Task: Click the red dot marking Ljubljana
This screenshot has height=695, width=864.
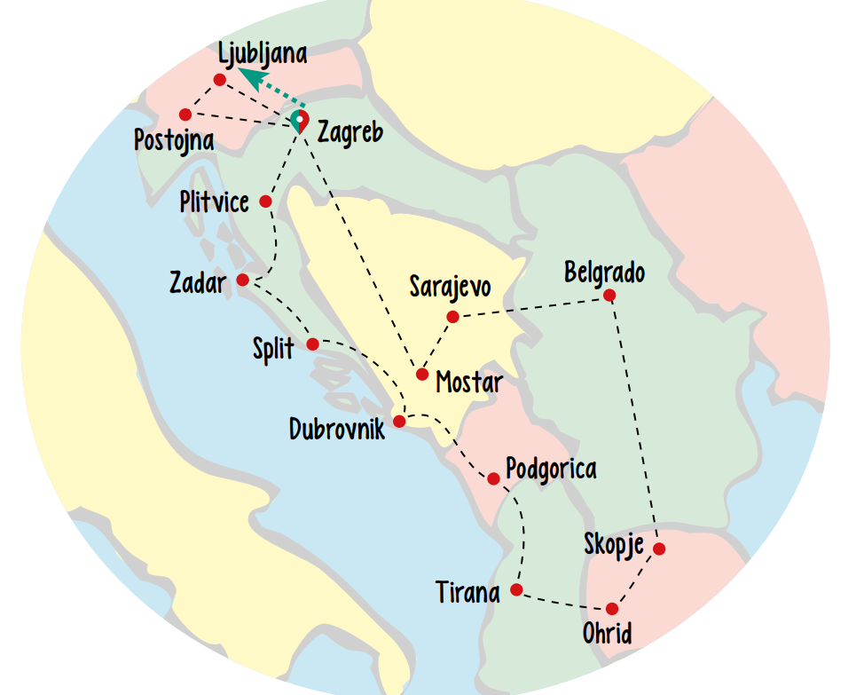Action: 219,80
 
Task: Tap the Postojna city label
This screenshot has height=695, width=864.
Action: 175,139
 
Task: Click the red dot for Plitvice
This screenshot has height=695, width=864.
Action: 265,201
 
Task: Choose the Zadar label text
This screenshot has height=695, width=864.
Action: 198,284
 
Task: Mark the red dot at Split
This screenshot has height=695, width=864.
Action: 312,344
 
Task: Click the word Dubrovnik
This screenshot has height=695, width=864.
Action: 337,430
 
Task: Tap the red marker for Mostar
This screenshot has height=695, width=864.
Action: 422,374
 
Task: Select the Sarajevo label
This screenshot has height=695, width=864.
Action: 450,287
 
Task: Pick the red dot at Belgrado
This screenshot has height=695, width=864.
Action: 609,296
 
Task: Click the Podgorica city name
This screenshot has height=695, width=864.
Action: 551,468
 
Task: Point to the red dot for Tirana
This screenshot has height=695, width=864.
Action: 517,590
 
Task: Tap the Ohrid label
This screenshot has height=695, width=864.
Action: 608,634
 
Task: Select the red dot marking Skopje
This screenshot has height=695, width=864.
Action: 658,549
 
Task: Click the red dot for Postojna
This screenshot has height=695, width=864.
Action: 185,115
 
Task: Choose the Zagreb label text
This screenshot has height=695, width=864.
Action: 350,133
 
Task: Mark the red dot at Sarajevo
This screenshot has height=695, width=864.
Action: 452,317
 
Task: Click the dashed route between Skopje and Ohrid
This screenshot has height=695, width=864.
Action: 635,579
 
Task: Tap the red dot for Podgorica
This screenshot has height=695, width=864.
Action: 493,479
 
